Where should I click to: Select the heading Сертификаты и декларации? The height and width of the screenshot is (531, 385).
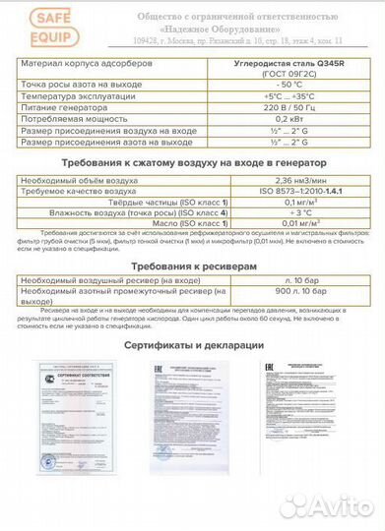point(193,346)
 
